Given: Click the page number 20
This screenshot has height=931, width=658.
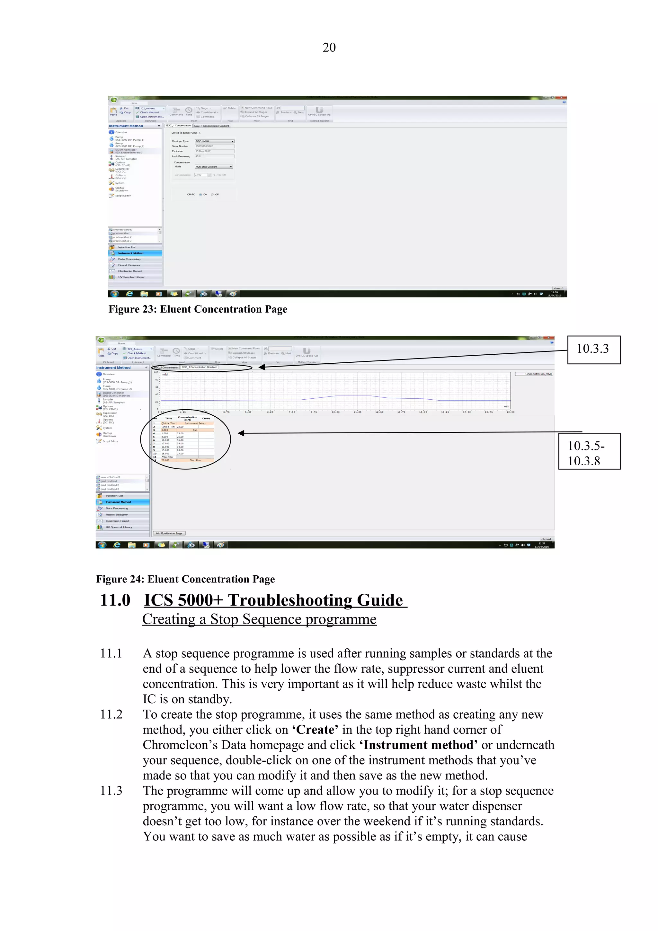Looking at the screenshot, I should click(329, 48).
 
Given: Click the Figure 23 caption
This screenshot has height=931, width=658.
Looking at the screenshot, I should click(198, 309).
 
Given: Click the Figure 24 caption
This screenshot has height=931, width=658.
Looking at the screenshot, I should click(185, 579).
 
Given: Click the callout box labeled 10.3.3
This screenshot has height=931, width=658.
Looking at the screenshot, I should click(593, 349).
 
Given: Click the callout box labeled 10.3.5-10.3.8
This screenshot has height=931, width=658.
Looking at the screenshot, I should click(589, 451).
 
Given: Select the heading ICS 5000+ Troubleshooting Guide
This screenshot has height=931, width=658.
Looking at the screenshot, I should click(274, 600).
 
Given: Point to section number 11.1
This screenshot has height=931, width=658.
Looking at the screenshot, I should click(111, 654).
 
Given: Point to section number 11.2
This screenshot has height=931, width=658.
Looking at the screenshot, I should click(111, 714).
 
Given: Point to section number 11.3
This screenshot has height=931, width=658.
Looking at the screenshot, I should click(111, 791).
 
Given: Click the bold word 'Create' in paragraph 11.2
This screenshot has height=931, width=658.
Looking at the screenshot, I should click(315, 730).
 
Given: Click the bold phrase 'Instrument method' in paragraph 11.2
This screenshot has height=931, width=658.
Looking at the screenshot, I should click(418, 745).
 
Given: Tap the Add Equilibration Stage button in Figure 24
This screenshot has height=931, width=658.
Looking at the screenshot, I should click(169, 533).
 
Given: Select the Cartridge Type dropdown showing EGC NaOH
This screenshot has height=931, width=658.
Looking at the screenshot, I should click(214, 141).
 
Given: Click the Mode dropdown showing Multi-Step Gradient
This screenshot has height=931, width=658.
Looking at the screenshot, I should click(213, 167).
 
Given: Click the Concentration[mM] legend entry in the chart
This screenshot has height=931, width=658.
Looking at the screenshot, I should click(534, 374).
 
